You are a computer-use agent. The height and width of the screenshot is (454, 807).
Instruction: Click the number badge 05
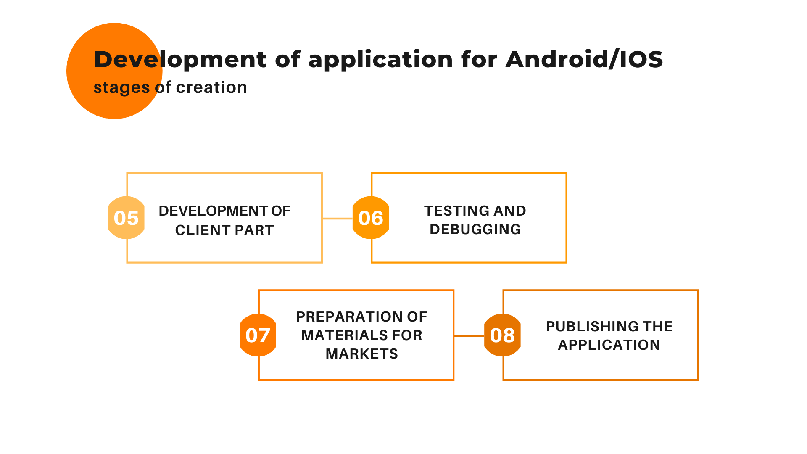[x=126, y=218]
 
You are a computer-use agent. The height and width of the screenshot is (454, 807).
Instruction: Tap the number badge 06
[x=371, y=218]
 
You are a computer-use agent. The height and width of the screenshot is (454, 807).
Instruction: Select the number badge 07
[x=258, y=335]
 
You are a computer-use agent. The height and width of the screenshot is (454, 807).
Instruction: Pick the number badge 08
[x=502, y=335]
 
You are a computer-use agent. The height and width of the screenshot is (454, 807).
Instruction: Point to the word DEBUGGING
[x=475, y=229]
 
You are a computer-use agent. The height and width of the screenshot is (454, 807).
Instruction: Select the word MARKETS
[x=362, y=354]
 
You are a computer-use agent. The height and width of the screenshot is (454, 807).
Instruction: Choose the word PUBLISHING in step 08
[x=591, y=326]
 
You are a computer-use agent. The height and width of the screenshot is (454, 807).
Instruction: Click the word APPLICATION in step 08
[x=609, y=345]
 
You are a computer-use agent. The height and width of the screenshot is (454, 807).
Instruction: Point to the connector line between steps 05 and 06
[x=338, y=219]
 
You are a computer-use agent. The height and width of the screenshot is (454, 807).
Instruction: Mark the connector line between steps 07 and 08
[x=469, y=336]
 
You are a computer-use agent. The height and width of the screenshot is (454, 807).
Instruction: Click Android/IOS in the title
[x=584, y=59]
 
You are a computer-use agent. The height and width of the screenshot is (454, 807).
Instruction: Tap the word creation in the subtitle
[x=211, y=87]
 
